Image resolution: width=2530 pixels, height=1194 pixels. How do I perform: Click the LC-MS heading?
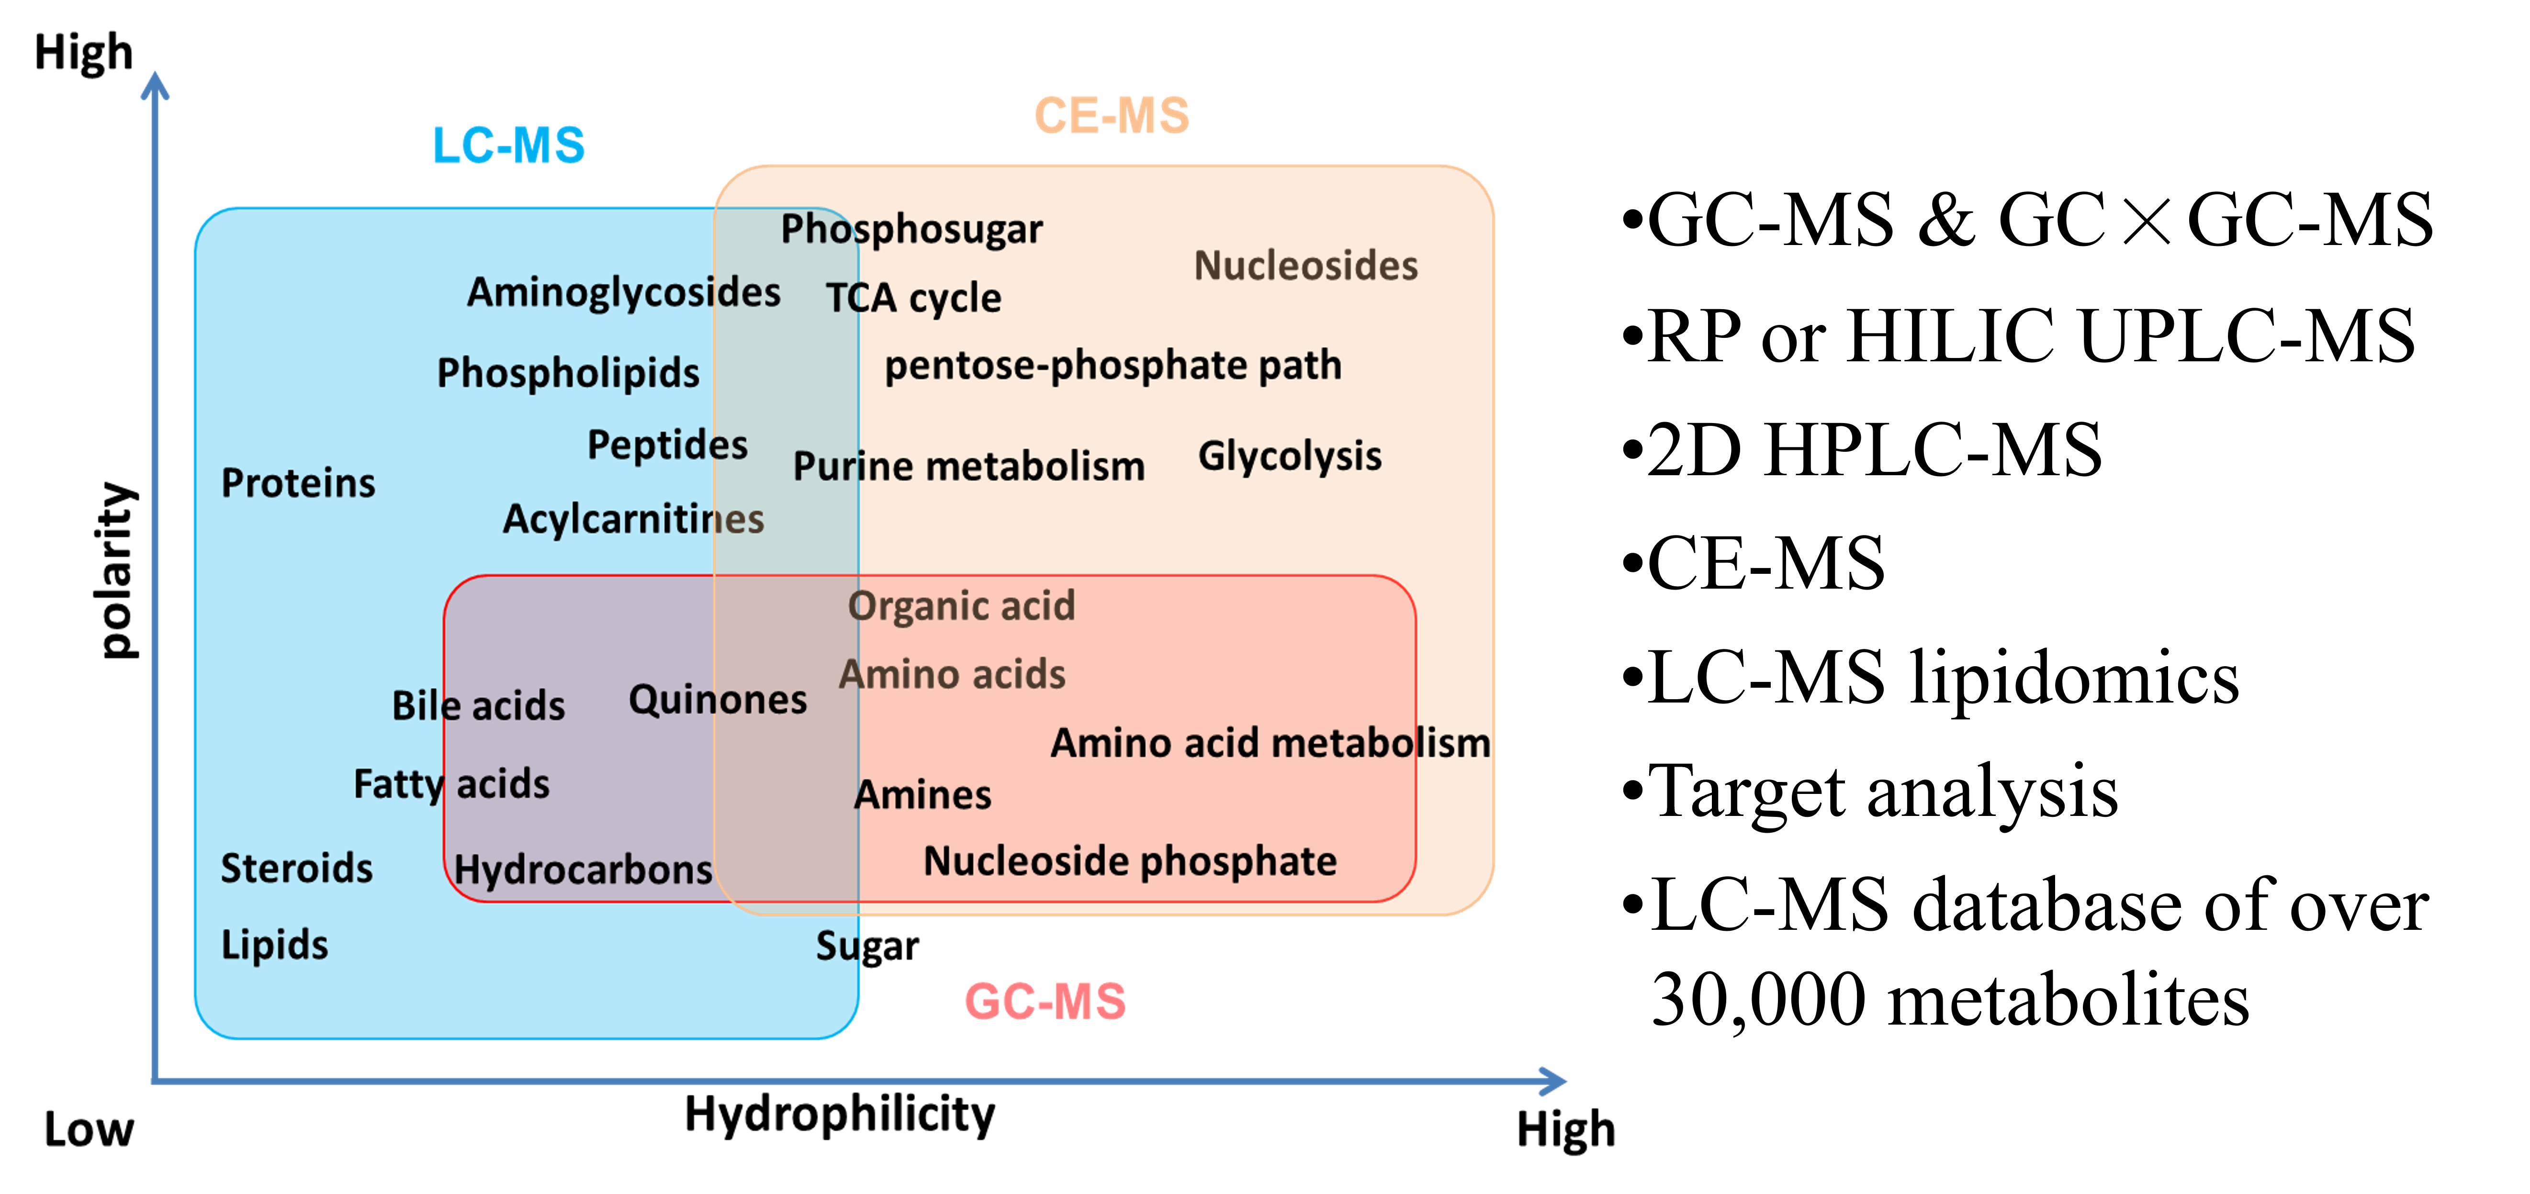[x=509, y=145]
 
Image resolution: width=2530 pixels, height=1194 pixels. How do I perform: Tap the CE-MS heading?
[x=1112, y=116]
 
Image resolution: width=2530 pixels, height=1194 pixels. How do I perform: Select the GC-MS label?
[x=1045, y=1002]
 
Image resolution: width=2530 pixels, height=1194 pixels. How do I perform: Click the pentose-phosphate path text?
[x=1113, y=365]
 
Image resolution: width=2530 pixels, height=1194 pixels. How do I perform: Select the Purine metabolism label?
[x=968, y=467]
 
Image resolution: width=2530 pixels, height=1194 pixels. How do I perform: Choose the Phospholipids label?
[x=568, y=373]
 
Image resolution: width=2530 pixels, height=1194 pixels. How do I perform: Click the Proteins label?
[x=298, y=483]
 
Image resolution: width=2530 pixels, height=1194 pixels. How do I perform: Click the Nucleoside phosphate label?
[x=1129, y=861]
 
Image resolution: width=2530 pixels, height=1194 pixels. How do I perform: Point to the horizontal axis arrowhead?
[x=1554, y=1081]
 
